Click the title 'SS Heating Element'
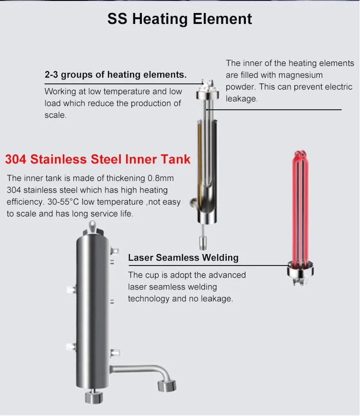180,19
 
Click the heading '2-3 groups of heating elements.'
116,75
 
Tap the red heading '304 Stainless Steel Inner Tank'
98,159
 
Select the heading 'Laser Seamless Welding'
183,258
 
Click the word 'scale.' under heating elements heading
55,115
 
